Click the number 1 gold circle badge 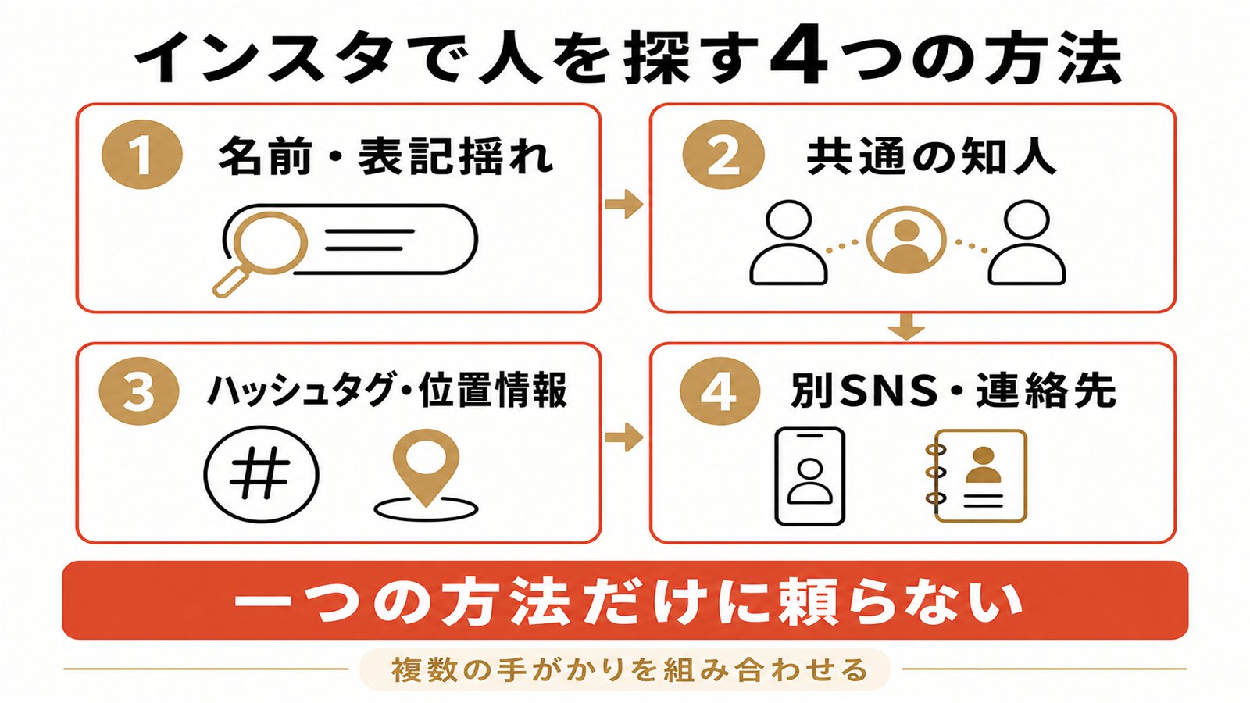point(142,155)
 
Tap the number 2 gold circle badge point(723,155)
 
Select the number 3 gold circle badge point(140,391)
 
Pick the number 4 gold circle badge point(720,391)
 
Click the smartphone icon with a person point(809,476)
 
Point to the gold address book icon point(976,476)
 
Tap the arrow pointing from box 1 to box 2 point(624,204)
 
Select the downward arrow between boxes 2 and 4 point(906,327)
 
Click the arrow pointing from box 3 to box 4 point(624,437)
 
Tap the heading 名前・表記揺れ point(386,155)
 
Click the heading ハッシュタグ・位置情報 point(387,390)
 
